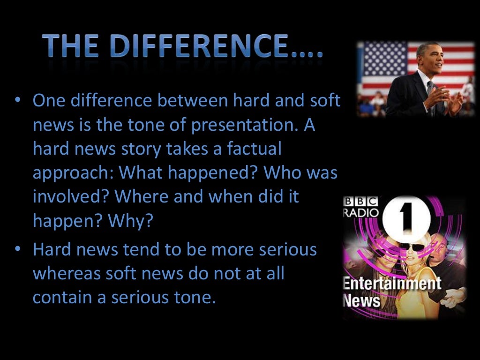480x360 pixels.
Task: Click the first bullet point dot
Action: tap(17, 101)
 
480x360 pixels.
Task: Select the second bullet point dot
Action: tap(17, 249)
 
